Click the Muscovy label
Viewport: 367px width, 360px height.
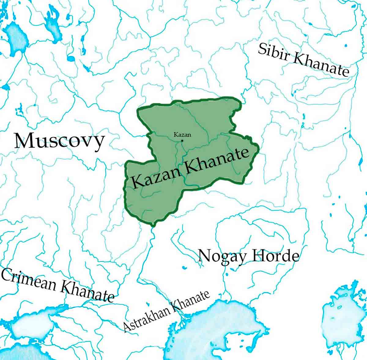(59, 141)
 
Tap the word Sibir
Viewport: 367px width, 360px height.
(273, 52)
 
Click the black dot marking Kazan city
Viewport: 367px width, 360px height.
(182, 141)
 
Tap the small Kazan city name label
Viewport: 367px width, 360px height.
(182, 135)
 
